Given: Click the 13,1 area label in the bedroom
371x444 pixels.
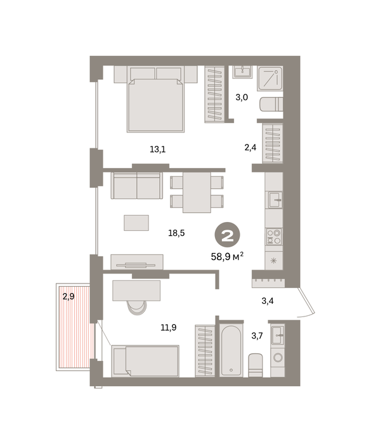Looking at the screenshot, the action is click(x=158, y=149).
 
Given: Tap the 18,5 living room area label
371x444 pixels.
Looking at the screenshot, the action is click(x=176, y=233).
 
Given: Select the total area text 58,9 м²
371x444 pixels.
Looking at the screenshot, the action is click(x=227, y=256).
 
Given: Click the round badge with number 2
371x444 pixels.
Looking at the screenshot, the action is click(x=227, y=235).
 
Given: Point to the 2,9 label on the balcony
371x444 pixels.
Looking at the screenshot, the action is click(x=68, y=296).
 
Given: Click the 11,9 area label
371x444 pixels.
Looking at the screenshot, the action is click(x=169, y=328).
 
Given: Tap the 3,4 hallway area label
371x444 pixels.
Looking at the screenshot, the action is click(x=268, y=301).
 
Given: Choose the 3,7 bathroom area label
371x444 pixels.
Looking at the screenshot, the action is click(x=257, y=336).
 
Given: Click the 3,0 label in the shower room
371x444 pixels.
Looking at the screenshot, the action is click(x=242, y=98).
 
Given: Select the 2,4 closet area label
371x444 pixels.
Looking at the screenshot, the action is click(x=251, y=148).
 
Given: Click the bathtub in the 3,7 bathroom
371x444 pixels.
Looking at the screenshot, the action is click(x=231, y=351).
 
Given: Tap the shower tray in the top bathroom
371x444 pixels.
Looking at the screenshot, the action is click(x=270, y=79).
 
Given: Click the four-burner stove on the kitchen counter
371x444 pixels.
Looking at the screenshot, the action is click(x=274, y=237).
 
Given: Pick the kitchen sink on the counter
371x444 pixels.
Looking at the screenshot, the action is click(x=274, y=200).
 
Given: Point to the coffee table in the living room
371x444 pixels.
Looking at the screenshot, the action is click(x=136, y=223).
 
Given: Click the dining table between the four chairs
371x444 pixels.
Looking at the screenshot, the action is click(x=197, y=192).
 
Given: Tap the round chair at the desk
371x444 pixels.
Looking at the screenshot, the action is click(x=137, y=307).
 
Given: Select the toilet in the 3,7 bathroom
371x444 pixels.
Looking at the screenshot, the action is click(x=256, y=365).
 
